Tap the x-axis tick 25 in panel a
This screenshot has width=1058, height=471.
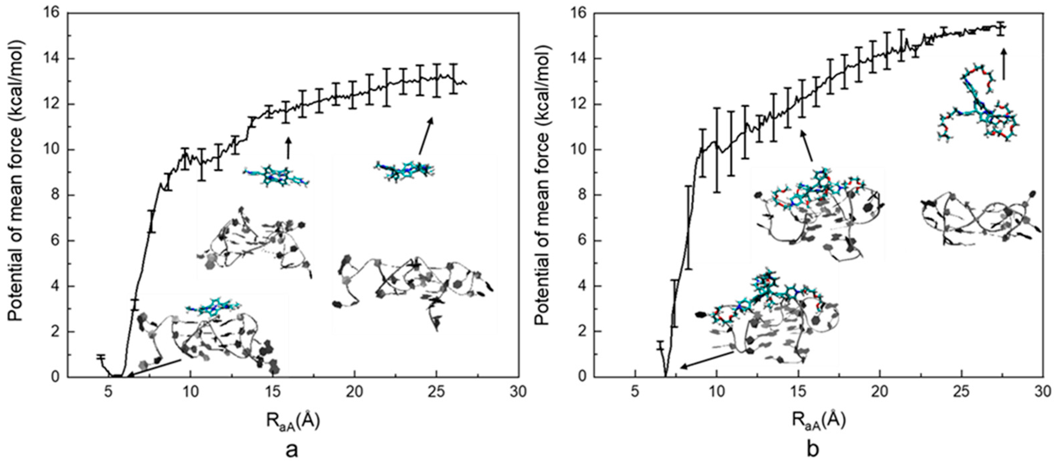(x=436, y=392)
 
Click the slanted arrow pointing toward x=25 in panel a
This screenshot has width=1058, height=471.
(x=425, y=136)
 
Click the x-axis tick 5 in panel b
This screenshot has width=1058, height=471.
(x=635, y=392)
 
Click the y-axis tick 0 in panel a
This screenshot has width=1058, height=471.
(x=57, y=377)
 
